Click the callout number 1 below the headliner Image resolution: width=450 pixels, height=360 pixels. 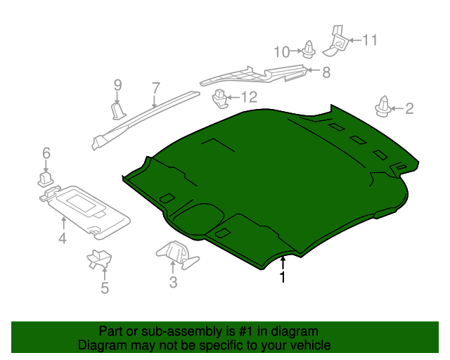coord(283,276)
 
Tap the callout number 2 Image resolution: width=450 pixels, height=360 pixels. coord(409,108)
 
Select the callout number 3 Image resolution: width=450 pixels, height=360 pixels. coord(173,282)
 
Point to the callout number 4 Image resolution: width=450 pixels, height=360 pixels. coord(63,238)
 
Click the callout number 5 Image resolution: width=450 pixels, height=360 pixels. coord(105,288)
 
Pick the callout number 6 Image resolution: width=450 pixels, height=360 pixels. coord(46,153)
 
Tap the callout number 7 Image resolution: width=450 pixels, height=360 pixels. coord(155,88)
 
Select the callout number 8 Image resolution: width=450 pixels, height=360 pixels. coord(326,72)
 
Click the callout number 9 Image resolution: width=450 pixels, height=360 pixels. coord(117,85)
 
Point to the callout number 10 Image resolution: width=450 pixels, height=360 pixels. coord(282,52)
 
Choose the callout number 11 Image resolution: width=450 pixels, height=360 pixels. coord(370,40)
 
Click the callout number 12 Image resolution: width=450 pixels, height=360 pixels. coord(249,97)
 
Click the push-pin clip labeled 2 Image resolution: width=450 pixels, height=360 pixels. coord(382,107)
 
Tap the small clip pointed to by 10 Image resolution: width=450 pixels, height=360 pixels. coord(309,50)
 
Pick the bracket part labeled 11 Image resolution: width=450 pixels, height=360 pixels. coord(336,41)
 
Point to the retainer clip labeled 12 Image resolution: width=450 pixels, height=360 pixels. coord(220,98)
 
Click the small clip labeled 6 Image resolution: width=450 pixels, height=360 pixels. coord(45,179)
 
